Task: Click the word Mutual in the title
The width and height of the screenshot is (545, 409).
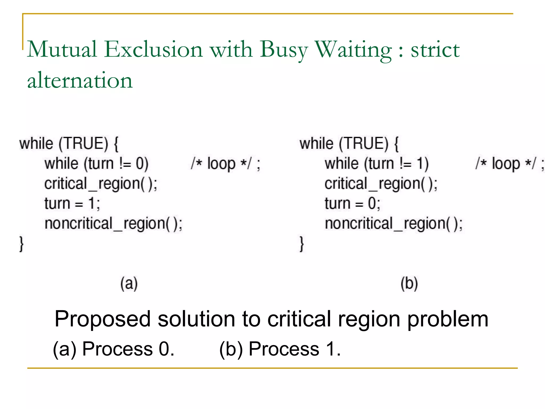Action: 62,49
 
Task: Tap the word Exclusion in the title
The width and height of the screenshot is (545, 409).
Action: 153,49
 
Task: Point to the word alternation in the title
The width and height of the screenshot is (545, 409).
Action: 80,80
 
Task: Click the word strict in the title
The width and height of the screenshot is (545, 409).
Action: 435,50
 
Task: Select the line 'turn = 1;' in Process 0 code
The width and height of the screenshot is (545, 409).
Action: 72,204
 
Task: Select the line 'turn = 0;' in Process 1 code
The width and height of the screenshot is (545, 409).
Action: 352,204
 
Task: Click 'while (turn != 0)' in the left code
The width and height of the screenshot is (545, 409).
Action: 96,163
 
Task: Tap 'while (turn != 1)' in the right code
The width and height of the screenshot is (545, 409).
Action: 377,163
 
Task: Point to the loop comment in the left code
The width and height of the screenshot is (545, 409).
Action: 225,163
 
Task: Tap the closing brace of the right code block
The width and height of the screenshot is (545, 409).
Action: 302,244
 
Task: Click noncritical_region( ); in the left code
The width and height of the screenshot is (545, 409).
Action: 113,224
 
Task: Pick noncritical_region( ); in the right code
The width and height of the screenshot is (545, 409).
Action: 394,224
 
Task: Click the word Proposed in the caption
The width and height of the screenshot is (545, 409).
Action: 103,319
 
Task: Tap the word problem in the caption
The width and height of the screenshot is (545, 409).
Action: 448,320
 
